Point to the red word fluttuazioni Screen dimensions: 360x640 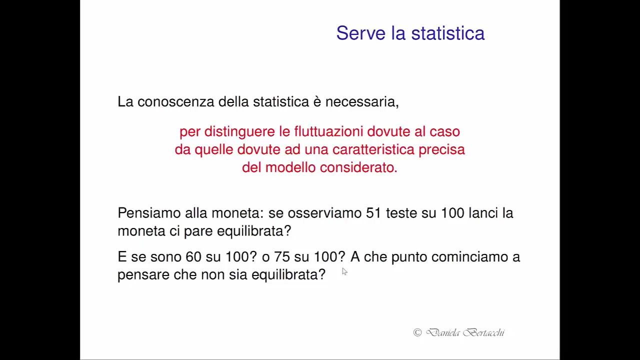pos(328,131)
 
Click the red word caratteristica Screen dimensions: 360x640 pos(373,149)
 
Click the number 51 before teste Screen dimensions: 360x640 pos(373,213)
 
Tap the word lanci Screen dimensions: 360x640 pos(482,213)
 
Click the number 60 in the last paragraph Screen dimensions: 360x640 pos(193,257)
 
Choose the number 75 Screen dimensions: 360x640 pos(281,257)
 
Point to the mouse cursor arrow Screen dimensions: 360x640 pos(344,271)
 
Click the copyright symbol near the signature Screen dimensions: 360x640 pos(417,332)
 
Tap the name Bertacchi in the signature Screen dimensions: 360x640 pos(483,332)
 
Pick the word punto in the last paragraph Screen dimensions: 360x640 pos(408,257)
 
